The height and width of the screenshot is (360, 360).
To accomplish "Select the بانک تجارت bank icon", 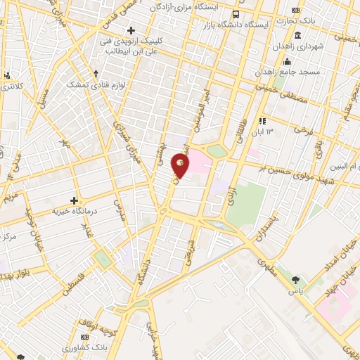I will [x=295, y=10].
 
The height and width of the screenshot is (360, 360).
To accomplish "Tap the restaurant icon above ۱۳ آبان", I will [x=263, y=121].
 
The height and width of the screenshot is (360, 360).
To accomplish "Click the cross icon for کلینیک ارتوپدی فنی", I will [x=130, y=30].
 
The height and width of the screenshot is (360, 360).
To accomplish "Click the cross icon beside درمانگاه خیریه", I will [x=74, y=201].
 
